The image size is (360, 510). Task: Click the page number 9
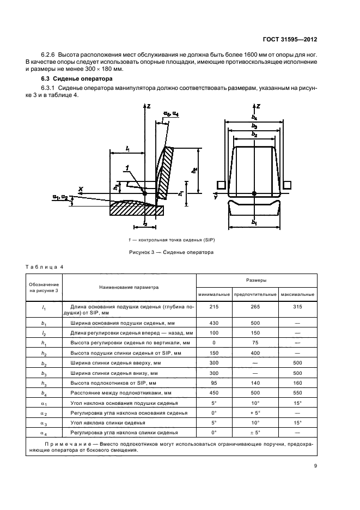(315, 466)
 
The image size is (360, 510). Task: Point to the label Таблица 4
(45, 266)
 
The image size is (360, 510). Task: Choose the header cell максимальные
(297, 294)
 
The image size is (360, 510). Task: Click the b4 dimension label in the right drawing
(254, 117)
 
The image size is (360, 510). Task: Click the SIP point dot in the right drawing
(254, 193)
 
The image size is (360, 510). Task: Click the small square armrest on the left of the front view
(221, 184)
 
